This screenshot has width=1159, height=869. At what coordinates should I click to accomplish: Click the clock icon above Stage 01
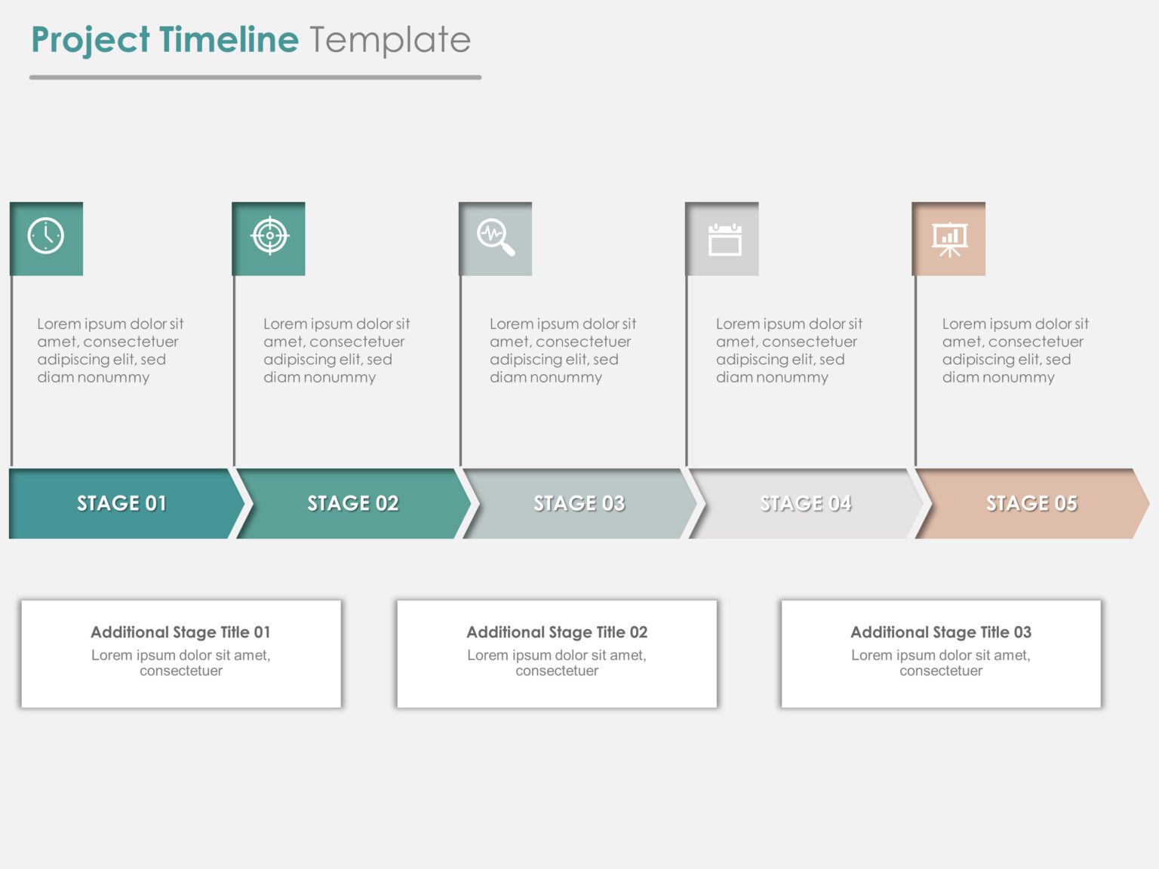tap(46, 237)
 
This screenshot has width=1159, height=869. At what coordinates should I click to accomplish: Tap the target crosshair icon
tap(269, 236)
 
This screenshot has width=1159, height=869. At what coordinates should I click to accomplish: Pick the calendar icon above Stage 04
tap(724, 240)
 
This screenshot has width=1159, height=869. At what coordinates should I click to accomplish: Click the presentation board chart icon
tap(949, 239)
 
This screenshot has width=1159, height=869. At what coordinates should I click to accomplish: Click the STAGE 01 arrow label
tap(121, 503)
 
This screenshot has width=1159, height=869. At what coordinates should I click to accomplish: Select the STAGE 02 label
tap(352, 503)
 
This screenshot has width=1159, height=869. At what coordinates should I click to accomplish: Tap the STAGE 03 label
tap(579, 503)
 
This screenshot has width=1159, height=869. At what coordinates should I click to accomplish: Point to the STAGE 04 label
tap(805, 503)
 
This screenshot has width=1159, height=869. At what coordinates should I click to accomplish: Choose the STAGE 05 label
tap(1031, 503)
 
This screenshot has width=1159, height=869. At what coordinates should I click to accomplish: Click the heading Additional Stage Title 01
tap(180, 632)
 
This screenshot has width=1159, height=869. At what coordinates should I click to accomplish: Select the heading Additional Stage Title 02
tap(557, 632)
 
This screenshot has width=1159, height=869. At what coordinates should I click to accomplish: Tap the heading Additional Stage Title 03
tap(941, 632)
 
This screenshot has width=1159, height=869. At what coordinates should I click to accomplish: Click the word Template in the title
tap(390, 40)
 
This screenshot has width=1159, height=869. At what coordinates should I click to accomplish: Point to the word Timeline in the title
tap(229, 40)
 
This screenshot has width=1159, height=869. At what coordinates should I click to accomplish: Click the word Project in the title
tap(91, 40)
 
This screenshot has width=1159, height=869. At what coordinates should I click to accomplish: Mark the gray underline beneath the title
tap(255, 77)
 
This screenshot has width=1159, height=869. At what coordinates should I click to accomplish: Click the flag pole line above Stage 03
tap(460, 370)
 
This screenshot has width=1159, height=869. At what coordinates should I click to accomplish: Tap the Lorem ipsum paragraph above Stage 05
tap(1015, 351)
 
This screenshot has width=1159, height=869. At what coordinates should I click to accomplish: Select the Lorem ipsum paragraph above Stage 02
tap(336, 351)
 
